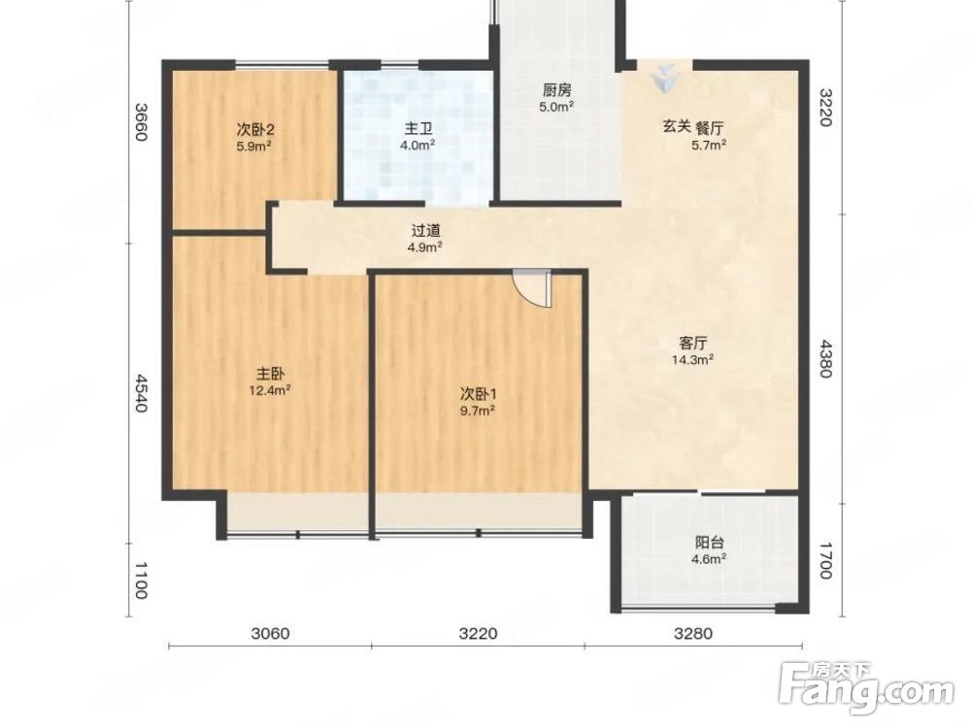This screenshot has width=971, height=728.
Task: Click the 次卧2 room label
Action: (x=255, y=130)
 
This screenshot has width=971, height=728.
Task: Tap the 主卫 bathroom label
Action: (x=418, y=129)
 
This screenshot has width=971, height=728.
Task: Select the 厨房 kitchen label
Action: (x=556, y=90)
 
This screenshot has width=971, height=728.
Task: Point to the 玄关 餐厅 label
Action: (x=693, y=128)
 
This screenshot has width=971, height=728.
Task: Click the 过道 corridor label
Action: (x=426, y=231)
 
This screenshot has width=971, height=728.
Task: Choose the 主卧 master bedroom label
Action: (x=271, y=374)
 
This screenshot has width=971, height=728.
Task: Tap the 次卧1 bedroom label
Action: (x=478, y=394)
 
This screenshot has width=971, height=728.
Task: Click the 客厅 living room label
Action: (x=693, y=343)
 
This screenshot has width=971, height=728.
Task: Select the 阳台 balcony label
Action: (x=710, y=543)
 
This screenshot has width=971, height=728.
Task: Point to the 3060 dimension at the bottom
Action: (x=271, y=633)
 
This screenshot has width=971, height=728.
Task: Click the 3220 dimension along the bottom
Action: (x=478, y=633)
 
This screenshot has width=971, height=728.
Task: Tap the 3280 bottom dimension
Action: (x=693, y=633)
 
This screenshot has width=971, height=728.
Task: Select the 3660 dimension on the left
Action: (x=141, y=121)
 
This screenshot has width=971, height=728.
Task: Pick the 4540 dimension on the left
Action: (x=141, y=393)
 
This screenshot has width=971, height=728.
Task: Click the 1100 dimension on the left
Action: (x=141, y=580)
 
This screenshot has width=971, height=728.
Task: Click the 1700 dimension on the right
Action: (x=826, y=561)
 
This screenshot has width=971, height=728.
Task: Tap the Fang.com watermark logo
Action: (x=866, y=688)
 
